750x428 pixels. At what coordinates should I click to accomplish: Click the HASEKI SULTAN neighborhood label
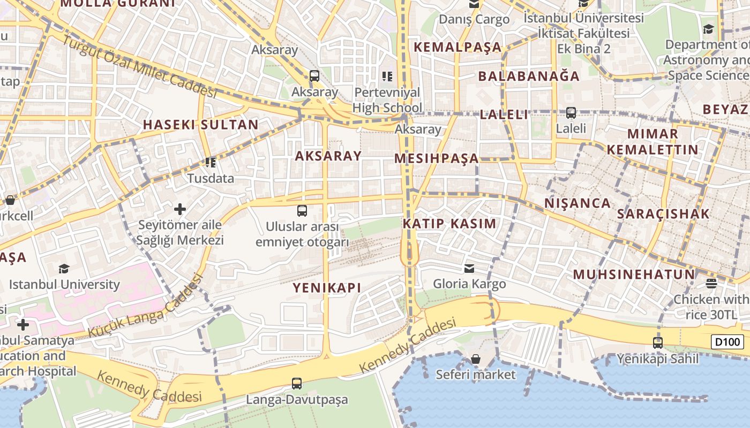[200, 125]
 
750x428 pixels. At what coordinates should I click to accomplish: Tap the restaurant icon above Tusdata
[211, 162]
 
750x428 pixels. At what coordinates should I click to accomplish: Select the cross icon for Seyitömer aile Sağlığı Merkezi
[180, 209]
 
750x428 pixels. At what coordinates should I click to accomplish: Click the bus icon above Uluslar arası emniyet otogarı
[302, 210]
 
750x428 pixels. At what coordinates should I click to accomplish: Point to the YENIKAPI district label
[327, 288]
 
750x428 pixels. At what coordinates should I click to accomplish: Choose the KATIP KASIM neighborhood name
[449, 224]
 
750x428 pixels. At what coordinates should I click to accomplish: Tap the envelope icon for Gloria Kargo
[469, 267]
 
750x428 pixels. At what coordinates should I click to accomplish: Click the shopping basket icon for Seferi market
[475, 358]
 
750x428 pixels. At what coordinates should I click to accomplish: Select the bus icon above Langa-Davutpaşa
[297, 383]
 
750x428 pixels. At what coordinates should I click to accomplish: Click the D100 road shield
[727, 342]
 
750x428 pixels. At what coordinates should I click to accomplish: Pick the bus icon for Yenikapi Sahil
[657, 342]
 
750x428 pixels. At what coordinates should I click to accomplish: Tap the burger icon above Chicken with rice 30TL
[711, 283]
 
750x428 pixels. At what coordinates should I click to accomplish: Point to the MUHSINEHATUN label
[634, 275]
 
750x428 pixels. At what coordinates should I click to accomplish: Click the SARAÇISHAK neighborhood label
[663, 214]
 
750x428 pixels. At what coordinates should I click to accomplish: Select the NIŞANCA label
[577, 203]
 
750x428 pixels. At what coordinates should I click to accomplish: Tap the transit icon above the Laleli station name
[571, 113]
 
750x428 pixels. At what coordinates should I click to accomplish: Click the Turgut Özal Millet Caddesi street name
[139, 66]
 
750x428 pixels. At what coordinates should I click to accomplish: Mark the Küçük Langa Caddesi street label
[146, 308]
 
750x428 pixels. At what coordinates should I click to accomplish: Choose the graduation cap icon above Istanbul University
[64, 268]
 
